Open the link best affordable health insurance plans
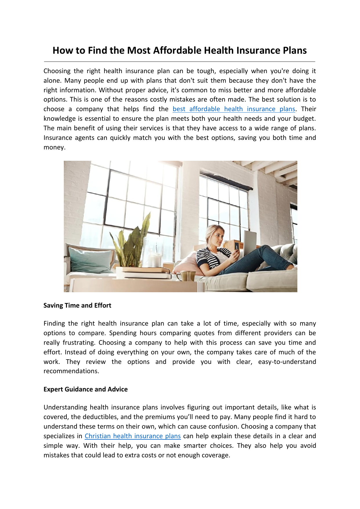(x=234, y=109)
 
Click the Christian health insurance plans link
(x=133, y=436)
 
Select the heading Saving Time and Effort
(x=77, y=306)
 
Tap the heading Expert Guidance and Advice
(x=85, y=389)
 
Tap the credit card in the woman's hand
(x=237, y=246)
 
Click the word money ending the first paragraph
(x=54, y=147)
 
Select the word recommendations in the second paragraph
(x=71, y=371)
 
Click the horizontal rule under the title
(x=180, y=62)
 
